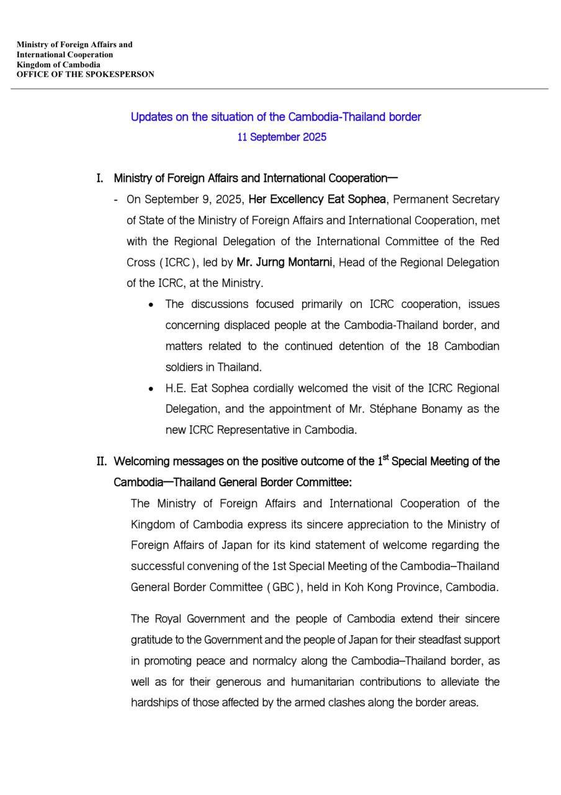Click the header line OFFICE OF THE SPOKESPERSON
85,75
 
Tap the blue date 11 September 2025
281,137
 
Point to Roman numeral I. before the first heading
99,179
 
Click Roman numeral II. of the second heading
102,461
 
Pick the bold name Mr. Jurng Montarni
285,262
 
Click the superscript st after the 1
385,458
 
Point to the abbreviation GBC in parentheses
283,588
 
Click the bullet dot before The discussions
151,305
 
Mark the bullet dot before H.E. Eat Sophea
151,389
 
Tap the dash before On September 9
117,200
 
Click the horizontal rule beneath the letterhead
279,89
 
